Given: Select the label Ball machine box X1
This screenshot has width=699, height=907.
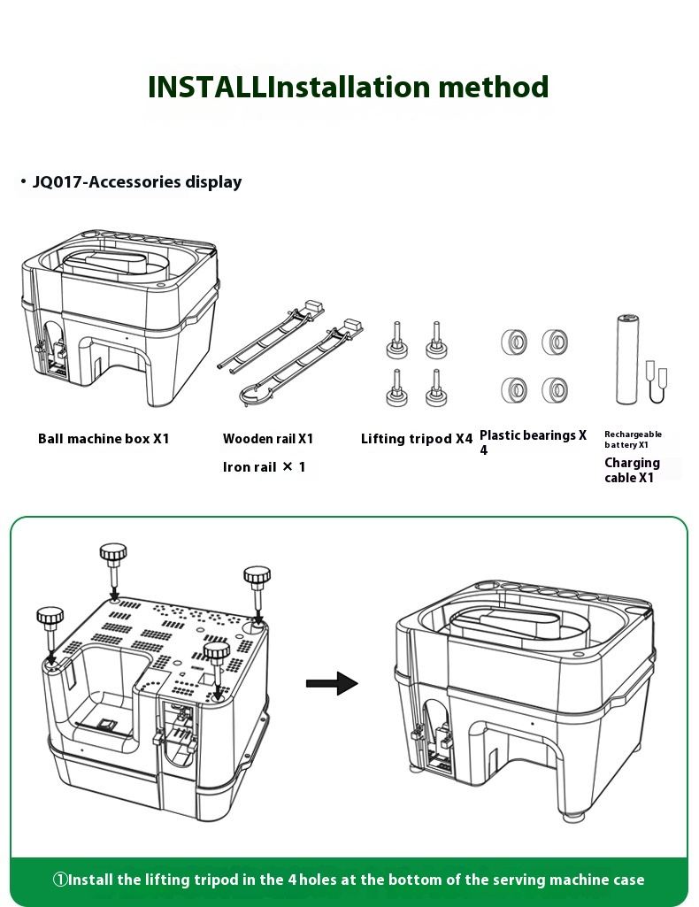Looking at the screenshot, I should pos(104,438).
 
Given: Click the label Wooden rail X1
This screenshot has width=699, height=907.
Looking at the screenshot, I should pos(268,438).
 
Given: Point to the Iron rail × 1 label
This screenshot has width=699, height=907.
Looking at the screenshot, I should pos(264,466).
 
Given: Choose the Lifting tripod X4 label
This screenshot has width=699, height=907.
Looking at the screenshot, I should pos(417,438).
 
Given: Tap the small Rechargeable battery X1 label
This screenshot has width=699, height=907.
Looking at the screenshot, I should pos(633,439).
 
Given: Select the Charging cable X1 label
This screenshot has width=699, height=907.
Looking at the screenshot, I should pos(631,470).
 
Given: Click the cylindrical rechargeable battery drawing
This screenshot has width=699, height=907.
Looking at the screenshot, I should pos(626,360).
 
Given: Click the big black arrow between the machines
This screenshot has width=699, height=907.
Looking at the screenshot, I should pos(331,683).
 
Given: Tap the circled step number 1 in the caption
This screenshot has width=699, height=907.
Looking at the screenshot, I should pos(60,880).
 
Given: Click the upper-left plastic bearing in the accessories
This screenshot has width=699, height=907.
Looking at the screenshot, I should pos(512,341).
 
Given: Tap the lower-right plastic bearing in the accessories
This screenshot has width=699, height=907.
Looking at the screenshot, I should pos(555,388).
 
